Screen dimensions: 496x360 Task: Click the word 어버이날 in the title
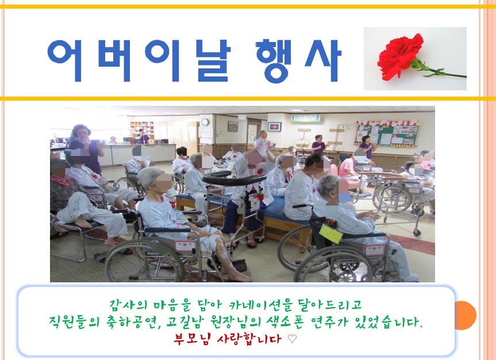(x=139, y=60)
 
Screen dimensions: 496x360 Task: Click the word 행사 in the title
(x=298, y=61)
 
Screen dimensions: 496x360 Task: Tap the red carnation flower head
(x=400, y=56)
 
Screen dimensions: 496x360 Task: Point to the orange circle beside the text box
(x=466, y=315)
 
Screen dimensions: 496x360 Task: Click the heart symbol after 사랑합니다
(x=293, y=339)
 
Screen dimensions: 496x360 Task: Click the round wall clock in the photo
(x=205, y=122)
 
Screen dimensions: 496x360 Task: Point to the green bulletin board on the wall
(x=388, y=133)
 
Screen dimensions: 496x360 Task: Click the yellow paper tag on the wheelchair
(x=330, y=234)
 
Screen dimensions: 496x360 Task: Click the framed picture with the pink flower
(x=274, y=127)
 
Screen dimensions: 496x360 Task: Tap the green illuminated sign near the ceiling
(x=305, y=118)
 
